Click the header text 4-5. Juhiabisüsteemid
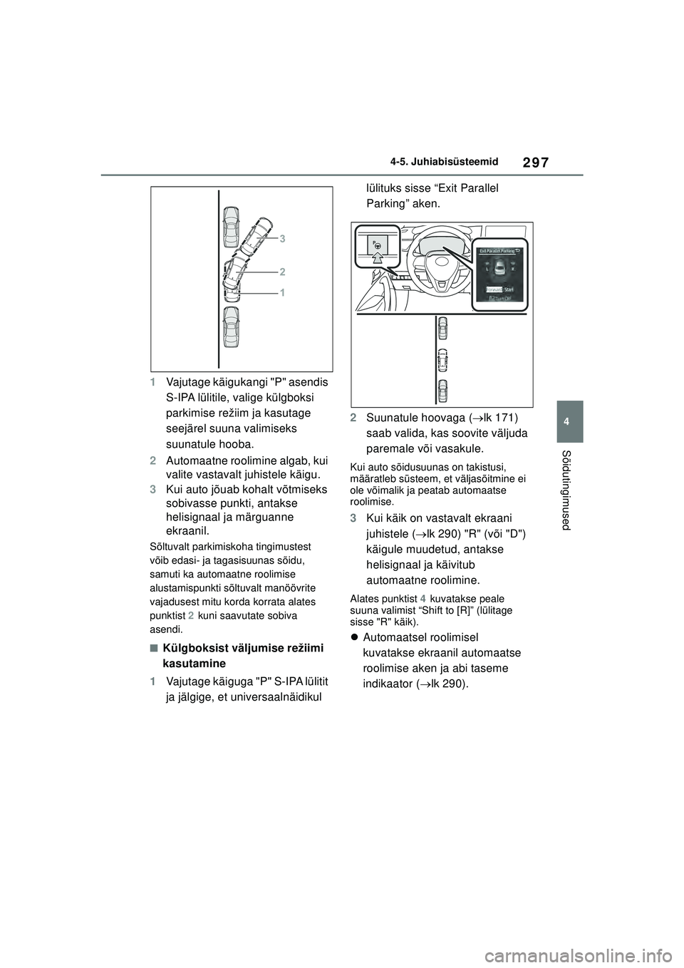point(444,163)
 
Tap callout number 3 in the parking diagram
point(282,239)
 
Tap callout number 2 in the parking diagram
point(282,272)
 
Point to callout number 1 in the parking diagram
point(282,292)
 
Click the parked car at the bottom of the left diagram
point(231,328)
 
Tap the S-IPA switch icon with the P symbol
point(378,244)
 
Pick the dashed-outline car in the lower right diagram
point(442,360)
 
